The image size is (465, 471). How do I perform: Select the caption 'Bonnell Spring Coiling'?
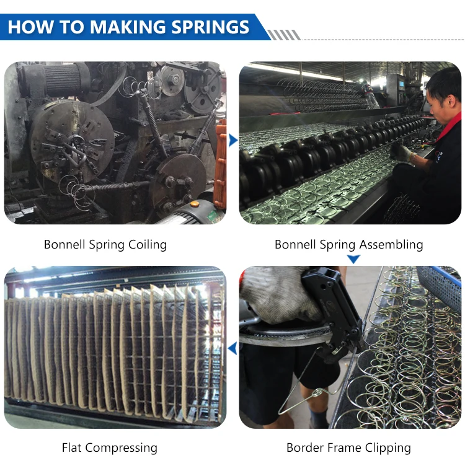point(105,244)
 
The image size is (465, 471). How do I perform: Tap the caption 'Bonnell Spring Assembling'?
point(348,244)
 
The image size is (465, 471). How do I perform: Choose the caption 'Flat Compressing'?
point(109,447)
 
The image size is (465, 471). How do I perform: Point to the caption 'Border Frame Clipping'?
point(348,447)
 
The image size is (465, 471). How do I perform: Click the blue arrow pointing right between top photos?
point(233,141)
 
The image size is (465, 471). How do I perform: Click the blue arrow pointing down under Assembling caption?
point(353,259)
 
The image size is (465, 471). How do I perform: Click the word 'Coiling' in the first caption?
point(148,244)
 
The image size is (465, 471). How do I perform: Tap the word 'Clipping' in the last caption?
point(387,447)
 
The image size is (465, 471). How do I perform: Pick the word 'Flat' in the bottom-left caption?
point(73,447)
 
